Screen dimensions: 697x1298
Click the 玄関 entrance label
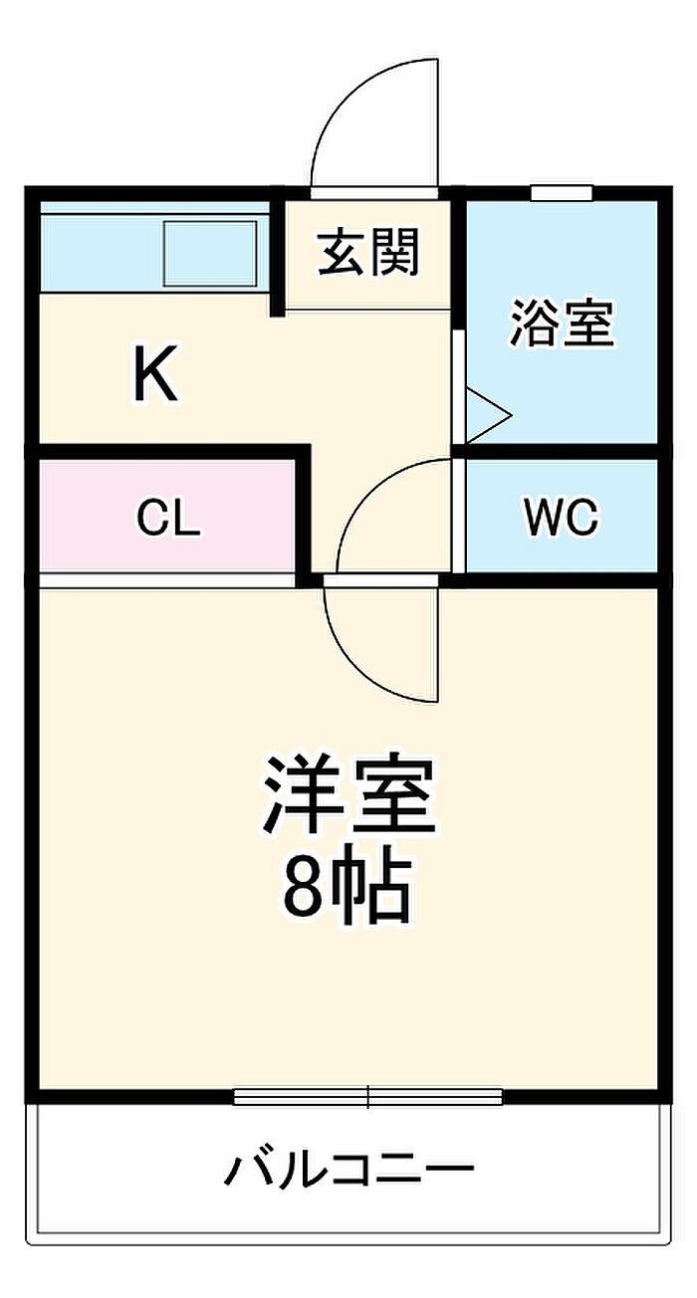[368, 252]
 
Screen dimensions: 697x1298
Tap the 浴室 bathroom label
[562, 324]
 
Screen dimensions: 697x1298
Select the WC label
[561, 516]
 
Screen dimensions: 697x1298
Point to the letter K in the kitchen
[155, 371]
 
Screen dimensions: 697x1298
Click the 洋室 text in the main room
[349, 794]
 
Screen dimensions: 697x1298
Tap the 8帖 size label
[347, 890]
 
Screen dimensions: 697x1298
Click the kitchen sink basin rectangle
[210, 253]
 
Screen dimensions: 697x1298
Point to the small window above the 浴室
[562, 193]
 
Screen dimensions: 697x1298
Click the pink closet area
[167, 516]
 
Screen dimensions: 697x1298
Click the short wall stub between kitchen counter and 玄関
[278, 258]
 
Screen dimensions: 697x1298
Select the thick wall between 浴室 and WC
[562, 452]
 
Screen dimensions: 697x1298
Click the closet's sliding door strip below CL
[167, 580]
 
